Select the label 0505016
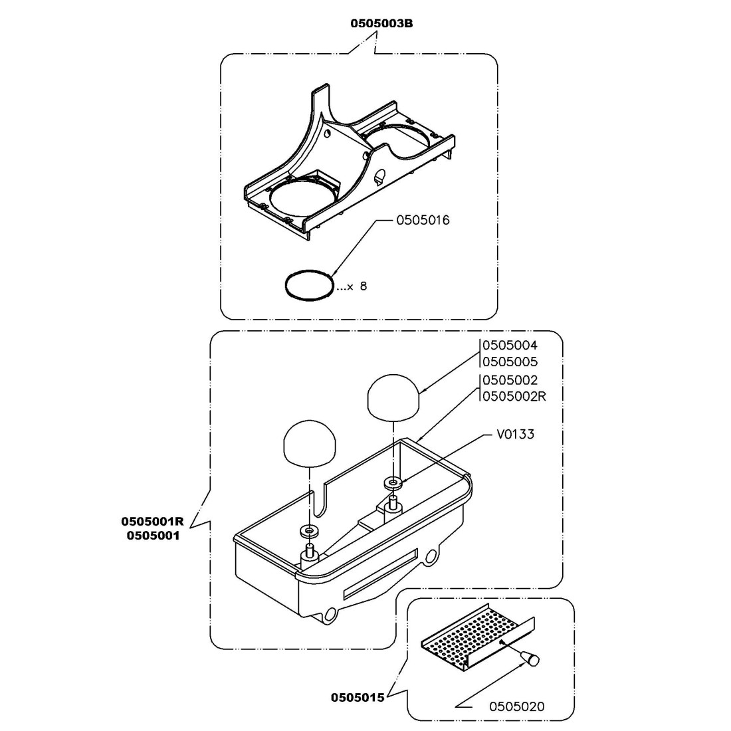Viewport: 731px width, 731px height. [423, 221]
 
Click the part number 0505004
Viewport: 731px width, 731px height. [510, 346]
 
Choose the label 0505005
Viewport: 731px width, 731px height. [510, 362]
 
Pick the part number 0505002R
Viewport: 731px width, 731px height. [514, 396]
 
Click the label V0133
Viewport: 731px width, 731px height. [515, 435]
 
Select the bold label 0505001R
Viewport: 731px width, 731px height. [152, 520]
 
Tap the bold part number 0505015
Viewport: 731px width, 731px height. [358, 698]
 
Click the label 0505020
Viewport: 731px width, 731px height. [516, 706]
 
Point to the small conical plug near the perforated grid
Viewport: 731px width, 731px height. [530, 658]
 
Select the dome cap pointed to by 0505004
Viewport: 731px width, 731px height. [394, 397]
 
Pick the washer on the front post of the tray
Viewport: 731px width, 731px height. [309, 531]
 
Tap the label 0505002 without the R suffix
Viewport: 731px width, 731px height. [510, 380]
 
